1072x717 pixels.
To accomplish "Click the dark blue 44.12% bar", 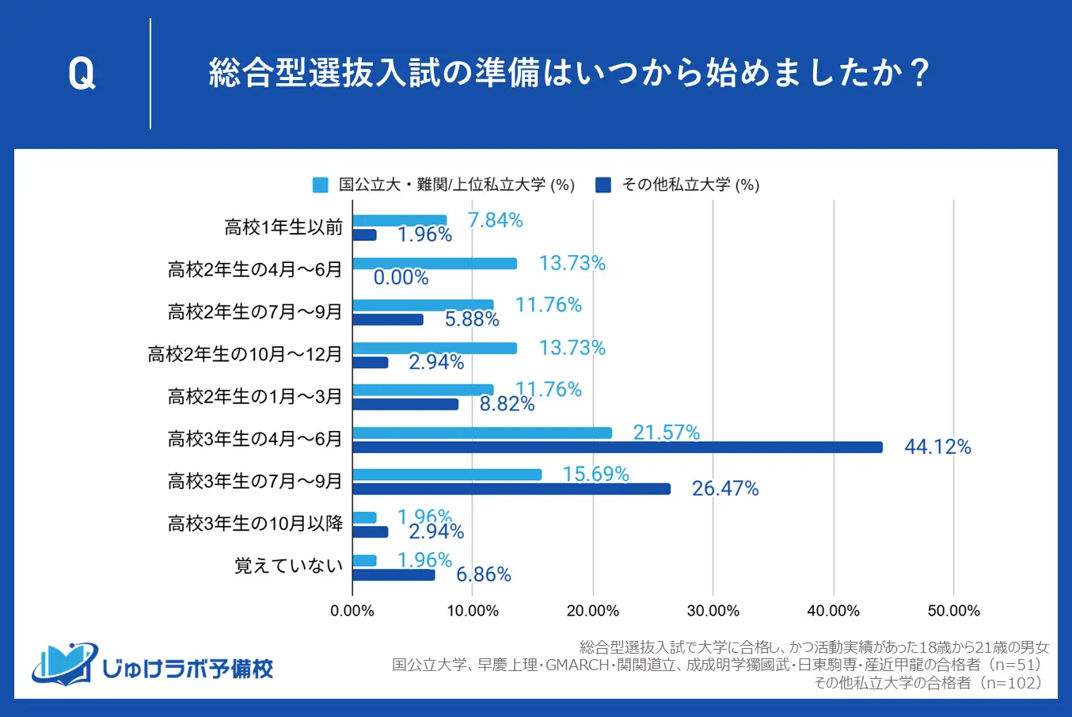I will pyautogui.click(x=618, y=448).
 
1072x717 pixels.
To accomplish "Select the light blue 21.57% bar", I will pyautogui.click(x=482, y=433).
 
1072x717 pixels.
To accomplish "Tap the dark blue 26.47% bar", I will pyautogui.click(x=511, y=489).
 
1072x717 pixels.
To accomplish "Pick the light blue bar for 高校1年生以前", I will pyautogui.click(x=400, y=220).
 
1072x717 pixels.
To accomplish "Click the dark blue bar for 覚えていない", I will pyautogui.click(x=393, y=574).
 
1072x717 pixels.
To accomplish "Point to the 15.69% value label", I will pyautogui.click(x=595, y=474).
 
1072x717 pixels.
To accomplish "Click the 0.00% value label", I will pyautogui.click(x=401, y=277).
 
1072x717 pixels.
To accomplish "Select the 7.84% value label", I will pyautogui.click(x=496, y=220).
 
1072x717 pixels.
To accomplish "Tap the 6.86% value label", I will pyautogui.click(x=484, y=574).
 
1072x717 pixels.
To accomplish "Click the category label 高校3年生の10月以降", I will pyautogui.click(x=255, y=523).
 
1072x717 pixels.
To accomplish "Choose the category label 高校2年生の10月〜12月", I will pyautogui.click(x=245, y=354).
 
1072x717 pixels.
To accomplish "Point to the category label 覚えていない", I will pyautogui.click(x=289, y=566).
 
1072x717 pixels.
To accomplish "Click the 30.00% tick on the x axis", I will pyautogui.click(x=713, y=611).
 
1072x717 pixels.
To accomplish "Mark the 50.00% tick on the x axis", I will pyautogui.click(x=954, y=611).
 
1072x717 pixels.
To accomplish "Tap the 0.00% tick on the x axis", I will pyautogui.click(x=352, y=611).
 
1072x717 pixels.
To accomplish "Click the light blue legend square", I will pyautogui.click(x=320, y=185).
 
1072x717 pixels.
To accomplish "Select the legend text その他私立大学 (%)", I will pyautogui.click(x=690, y=185).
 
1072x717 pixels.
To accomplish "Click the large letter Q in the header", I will pyautogui.click(x=82, y=74).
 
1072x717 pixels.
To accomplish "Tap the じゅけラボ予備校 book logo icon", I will pyautogui.click(x=63, y=664).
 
